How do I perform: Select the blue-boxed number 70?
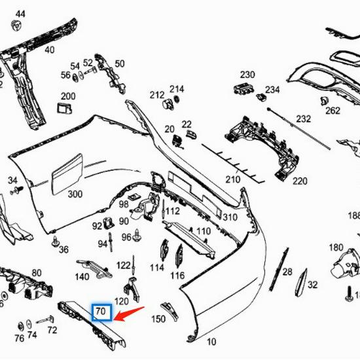[x=101, y=312]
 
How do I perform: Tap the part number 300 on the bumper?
[x=75, y=194]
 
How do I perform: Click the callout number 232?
[x=304, y=119]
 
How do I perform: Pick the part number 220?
[x=299, y=181]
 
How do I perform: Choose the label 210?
[x=232, y=179]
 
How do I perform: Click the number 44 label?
[x=20, y=14]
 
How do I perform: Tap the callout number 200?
[x=68, y=96]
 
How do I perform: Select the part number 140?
[x=82, y=277]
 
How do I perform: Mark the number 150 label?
[x=158, y=319]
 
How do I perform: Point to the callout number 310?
[x=230, y=217]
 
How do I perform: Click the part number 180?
[x=336, y=247]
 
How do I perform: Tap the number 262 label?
[x=333, y=111]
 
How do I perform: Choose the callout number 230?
[x=247, y=74]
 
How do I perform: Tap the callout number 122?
[x=124, y=265]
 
